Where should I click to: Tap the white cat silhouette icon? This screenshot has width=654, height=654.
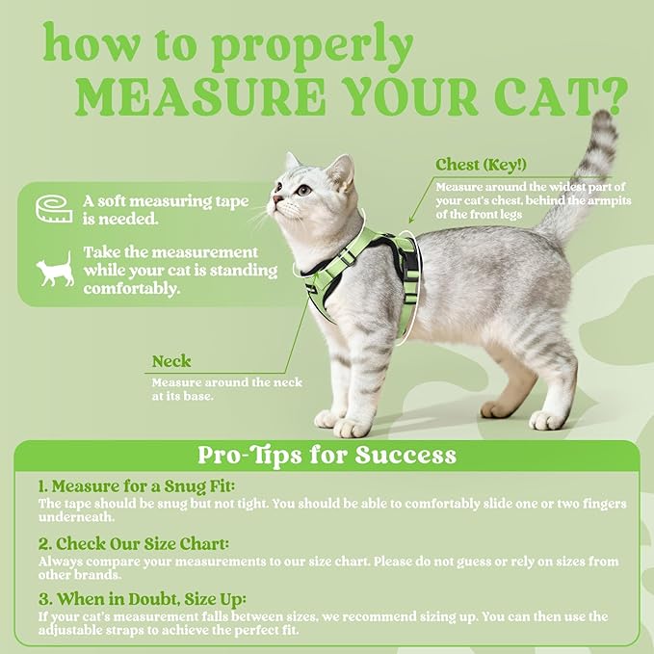pos(55,271)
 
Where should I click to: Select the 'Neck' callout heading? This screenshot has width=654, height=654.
pos(171,362)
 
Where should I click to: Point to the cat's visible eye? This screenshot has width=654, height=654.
pos(303,190)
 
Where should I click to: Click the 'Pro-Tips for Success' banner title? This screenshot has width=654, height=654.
pos(327,454)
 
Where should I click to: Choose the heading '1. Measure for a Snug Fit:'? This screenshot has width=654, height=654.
pos(136,486)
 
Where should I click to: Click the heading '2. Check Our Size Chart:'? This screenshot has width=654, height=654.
pos(133,543)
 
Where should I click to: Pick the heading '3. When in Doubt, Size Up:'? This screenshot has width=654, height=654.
pos(142,598)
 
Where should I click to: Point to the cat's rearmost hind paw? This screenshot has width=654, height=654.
pos(548,420)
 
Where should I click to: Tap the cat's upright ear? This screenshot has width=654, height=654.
pos(340,170)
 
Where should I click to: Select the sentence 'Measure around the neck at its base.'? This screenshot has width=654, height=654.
pos(226,389)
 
